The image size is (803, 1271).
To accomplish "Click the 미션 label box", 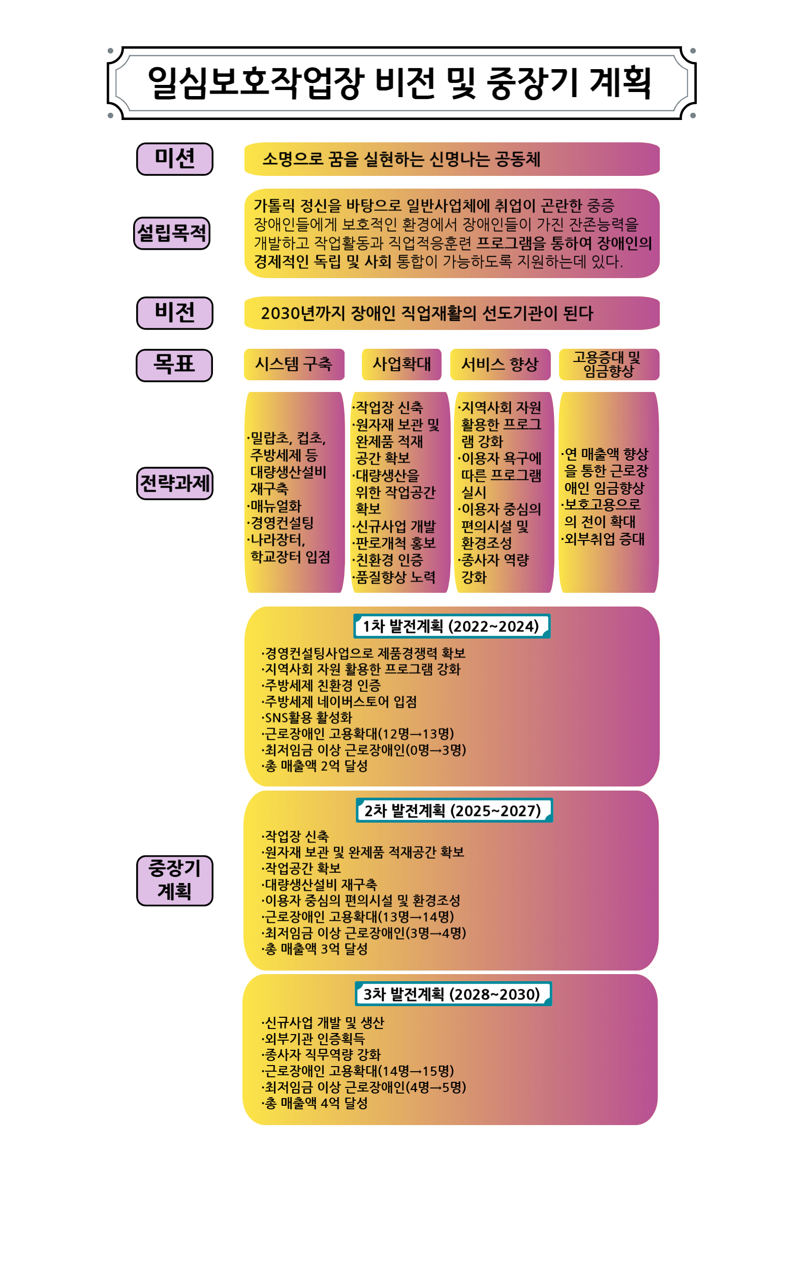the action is pyautogui.click(x=175, y=159).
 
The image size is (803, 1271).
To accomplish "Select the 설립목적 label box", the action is pyautogui.click(x=172, y=233).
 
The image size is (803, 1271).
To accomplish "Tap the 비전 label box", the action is pyautogui.click(x=175, y=313).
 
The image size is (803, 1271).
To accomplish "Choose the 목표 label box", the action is pyautogui.click(x=174, y=365).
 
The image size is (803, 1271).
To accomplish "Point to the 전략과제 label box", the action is pyautogui.click(x=175, y=483).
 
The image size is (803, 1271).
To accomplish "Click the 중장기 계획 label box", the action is pyautogui.click(x=175, y=881).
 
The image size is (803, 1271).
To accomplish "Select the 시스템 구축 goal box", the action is pyautogui.click(x=294, y=364).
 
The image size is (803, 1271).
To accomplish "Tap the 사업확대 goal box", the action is pyautogui.click(x=402, y=364).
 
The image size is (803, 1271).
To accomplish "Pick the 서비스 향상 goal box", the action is pyautogui.click(x=500, y=364).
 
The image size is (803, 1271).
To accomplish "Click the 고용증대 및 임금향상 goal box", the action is pyautogui.click(x=609, y=364).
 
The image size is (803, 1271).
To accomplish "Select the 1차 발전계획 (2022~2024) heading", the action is pyautogui.click(x=452, y=626).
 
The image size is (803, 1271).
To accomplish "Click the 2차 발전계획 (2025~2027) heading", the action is pyautogui.click(x=454, y=810).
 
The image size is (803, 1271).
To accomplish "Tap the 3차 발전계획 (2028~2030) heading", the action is pyautogui.click(x=453, y=994).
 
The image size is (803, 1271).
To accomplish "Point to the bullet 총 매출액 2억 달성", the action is pyautogui.click(x=315, y=766).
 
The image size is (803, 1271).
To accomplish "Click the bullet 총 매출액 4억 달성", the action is pyautogui.click(x=315, y=1103).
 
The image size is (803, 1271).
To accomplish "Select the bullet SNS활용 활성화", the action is pyautogui.click(x=306, y=717).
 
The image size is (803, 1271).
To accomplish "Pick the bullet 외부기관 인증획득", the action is pyautogui.click(x=314, y=1039).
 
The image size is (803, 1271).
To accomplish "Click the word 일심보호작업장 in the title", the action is pyautogui.click(x=256, y=83).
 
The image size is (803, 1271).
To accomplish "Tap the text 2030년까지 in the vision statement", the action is pyautogui.click(x=303, y=313).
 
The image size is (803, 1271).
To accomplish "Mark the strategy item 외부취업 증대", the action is pyautogui.click(x=603, y=539).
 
